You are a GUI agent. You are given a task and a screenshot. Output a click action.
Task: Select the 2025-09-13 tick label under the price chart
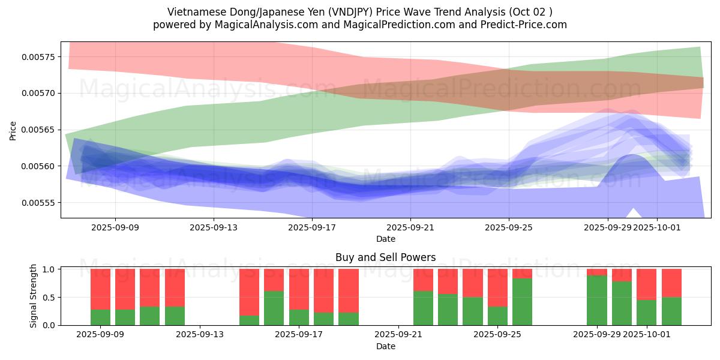click(214, 227)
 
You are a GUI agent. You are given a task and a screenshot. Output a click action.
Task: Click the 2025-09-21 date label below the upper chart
click(410, 227)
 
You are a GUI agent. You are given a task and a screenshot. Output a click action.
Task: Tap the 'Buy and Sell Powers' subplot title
click(385, 257)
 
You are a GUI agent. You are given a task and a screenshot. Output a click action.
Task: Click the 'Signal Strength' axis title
click(34, 296)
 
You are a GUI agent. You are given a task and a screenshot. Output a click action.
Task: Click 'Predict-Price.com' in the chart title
click(524, 25)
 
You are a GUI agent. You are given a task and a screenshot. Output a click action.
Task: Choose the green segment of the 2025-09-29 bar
click(596, 300)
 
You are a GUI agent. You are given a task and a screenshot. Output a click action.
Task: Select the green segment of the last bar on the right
click(671, 311)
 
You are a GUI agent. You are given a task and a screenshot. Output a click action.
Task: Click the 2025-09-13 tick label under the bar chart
click(200, 334)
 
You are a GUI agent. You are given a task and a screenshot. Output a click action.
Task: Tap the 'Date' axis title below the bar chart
click(385, 346)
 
